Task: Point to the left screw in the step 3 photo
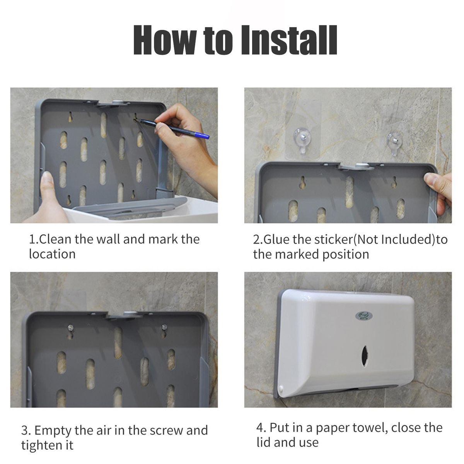click(70, 327)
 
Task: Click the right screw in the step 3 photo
click(164, 327)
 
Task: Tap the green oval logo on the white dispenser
click(363, 315)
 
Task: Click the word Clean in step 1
click(55, 239)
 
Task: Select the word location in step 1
click(52, 254)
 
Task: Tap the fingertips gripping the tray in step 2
click(433, 183)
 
